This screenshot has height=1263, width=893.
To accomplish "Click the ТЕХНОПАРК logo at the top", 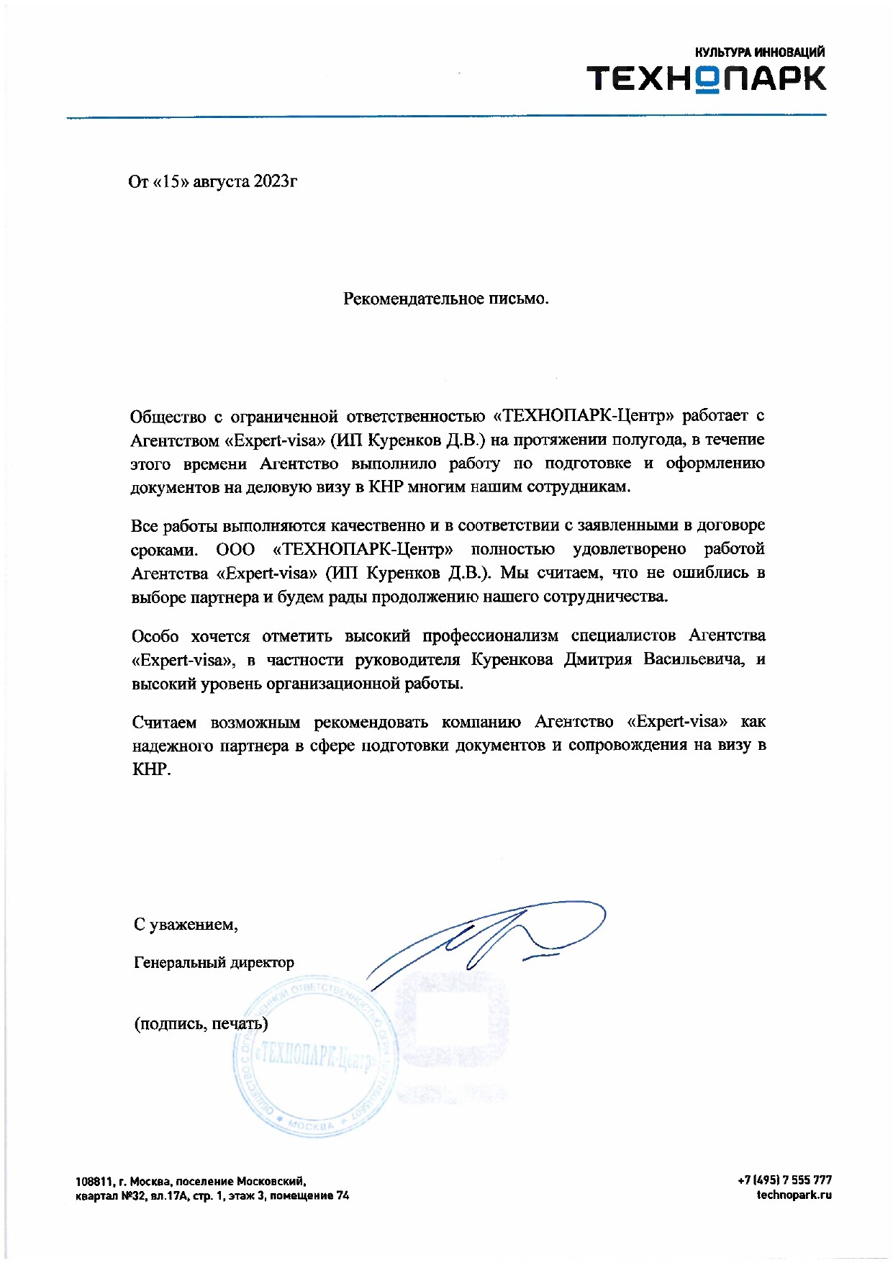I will tap(706, 78).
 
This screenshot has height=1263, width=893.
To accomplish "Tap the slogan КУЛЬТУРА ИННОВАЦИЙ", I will tap(759, 52).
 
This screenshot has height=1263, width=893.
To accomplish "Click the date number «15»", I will tap(171, 181).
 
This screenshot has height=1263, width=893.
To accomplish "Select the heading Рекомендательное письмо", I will tap(445, 298).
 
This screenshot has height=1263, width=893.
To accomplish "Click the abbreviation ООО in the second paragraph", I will tap(235, 549).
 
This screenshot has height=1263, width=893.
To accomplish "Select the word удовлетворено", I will tap(629, 549).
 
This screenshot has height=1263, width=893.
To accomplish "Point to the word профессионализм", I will tap(490, 635).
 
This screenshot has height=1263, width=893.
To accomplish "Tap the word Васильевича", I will tap(694, 659).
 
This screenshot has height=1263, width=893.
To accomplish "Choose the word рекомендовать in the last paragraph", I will tap(371, 722).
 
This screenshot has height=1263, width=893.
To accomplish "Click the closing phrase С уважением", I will tap(186, 924).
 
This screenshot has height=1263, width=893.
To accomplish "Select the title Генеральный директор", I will tap(214, 962).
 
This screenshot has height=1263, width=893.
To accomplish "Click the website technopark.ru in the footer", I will tap(794, 1195).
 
